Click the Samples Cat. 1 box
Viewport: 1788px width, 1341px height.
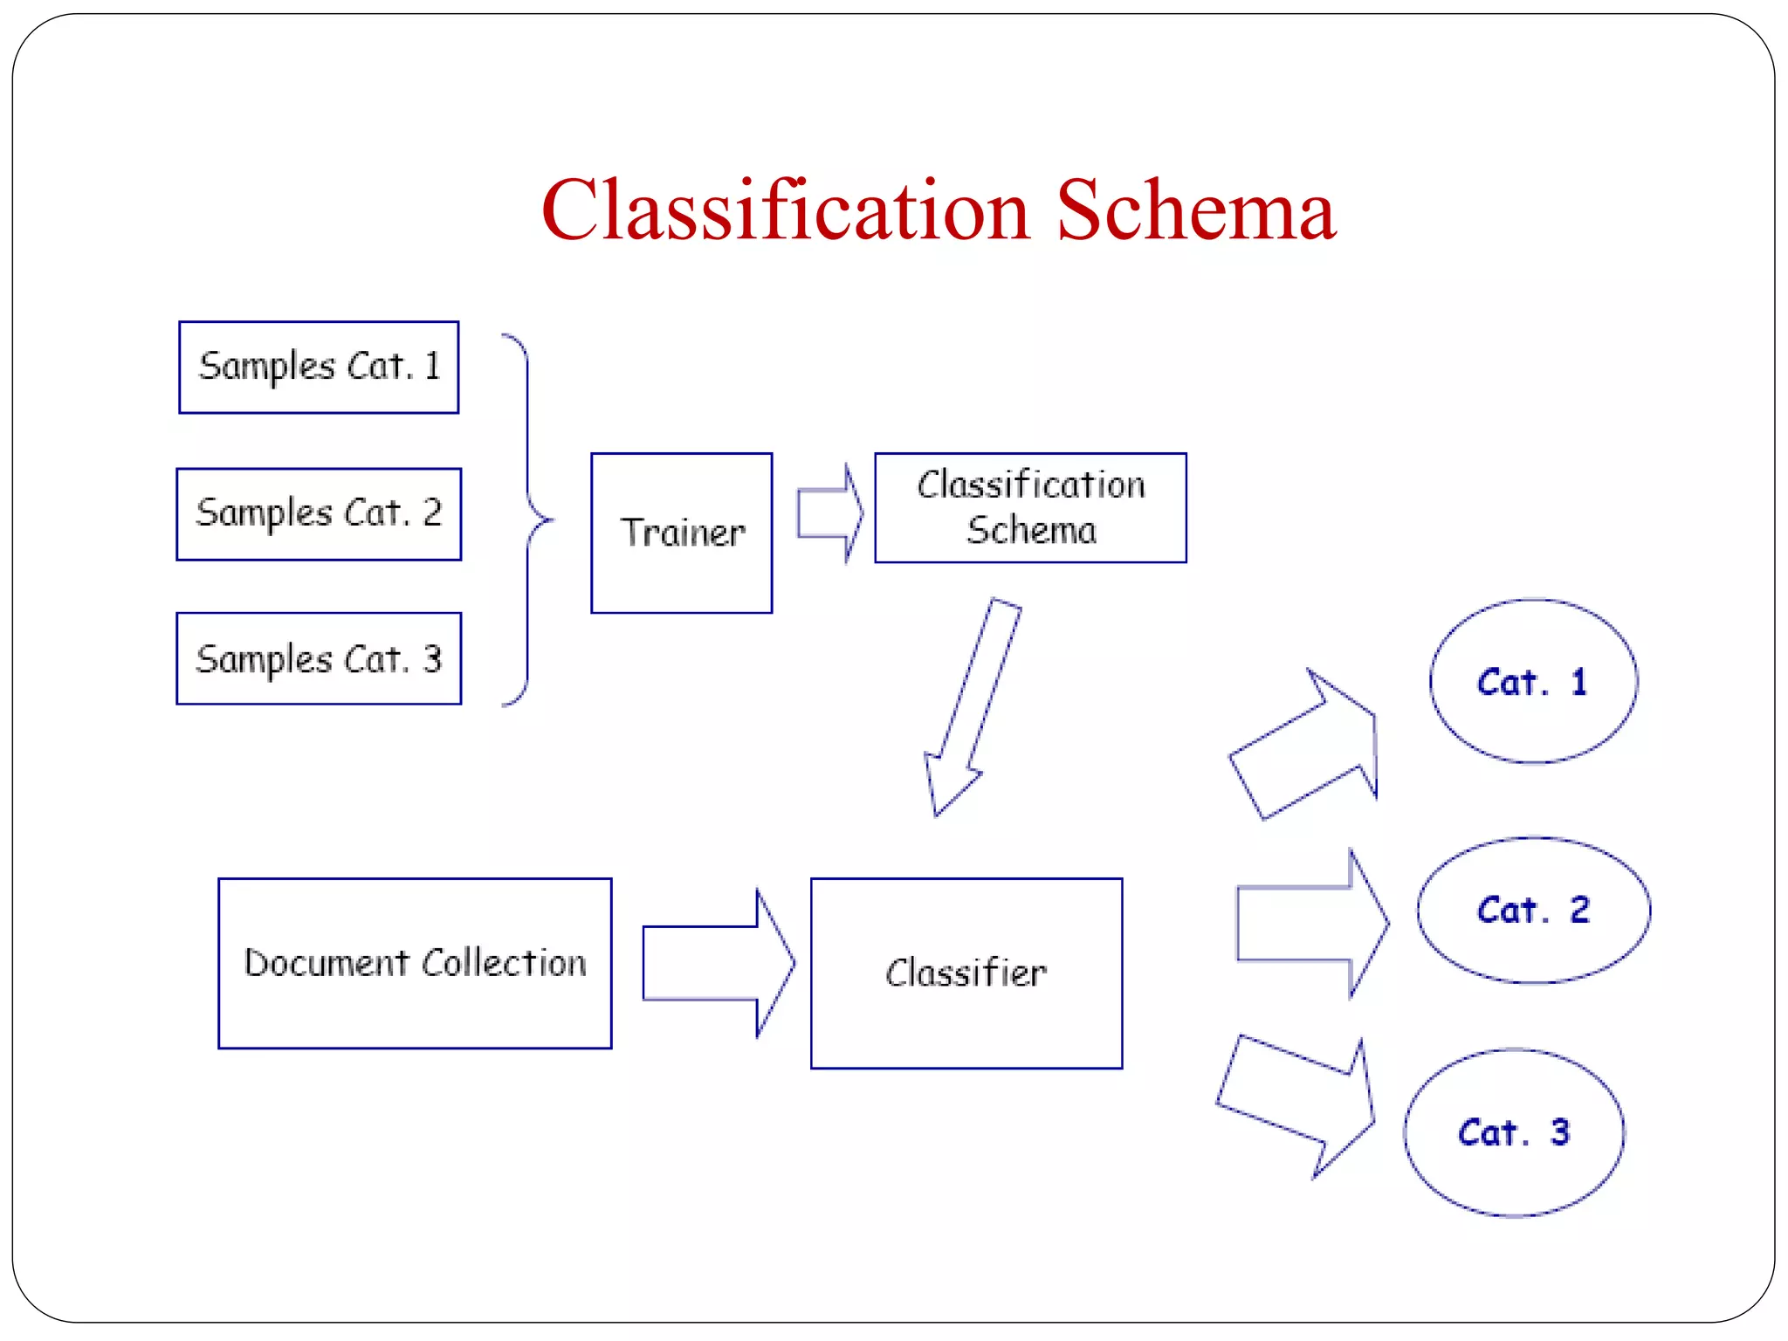tap(319, 367)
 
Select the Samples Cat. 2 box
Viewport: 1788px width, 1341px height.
tap(319, 513)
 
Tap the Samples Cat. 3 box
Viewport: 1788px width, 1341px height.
tap(319, 658)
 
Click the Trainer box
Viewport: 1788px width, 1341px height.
tap(681, 533)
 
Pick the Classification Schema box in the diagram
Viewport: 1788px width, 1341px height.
tap(1030, 507)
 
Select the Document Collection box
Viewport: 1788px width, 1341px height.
tap(415, 963)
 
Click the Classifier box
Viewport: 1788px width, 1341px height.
tap(966, 973)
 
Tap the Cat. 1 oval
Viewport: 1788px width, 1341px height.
tap(1533, 681)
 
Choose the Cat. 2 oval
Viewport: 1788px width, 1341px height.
tap(1533, 910)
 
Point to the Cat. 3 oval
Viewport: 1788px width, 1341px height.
tap(1514, 1132)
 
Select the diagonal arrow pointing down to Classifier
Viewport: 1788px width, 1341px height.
tap(971, 707)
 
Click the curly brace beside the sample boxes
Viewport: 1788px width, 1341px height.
tap(528, 520)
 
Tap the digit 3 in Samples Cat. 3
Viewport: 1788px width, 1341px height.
tap(432, 658)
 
